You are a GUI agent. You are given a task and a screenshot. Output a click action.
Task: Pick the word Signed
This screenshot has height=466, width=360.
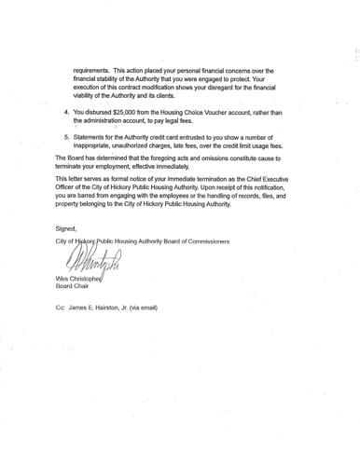coord(64,228)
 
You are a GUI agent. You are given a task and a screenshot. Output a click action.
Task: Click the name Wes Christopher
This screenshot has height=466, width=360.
coord(79,280)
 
